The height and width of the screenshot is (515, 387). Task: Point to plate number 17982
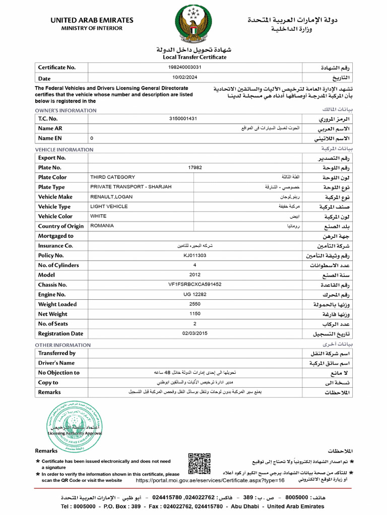click(195, 167)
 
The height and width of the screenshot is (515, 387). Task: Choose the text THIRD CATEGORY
click(112, 177)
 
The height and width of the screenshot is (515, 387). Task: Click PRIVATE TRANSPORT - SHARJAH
click(131, 187)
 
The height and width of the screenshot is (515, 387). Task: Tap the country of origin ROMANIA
click(102, 226)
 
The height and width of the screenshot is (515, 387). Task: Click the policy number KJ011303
click(195, 255)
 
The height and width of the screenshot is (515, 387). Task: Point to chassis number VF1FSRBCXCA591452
click(195, 285)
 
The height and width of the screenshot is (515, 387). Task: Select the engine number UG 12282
click(195, 294)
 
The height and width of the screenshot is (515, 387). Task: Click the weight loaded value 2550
click(195, 304)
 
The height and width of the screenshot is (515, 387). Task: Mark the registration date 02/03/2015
click(195, 333)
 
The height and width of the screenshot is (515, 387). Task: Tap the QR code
click(199, 464)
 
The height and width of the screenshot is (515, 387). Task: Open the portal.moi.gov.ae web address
click(210, 480)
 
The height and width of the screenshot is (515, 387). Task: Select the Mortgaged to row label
click(55, 236)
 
